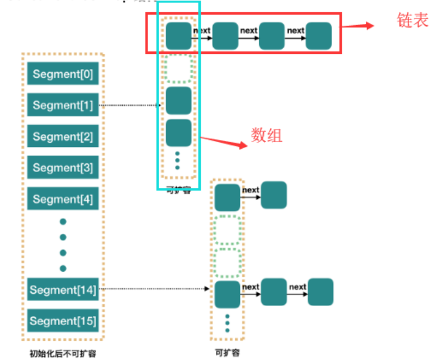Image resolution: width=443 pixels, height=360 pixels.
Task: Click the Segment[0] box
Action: tap(63, 74)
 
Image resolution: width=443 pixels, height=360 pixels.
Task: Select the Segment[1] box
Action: tap(63, 105)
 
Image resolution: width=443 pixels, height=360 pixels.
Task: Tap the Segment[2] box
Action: tap(63, 136)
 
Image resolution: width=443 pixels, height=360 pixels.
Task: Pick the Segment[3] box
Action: tap(63, 167)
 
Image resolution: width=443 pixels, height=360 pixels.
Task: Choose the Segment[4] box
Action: tap(63, 199)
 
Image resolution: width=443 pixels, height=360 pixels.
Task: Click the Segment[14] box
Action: tap(63, 290)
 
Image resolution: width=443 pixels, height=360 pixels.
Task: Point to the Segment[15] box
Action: tap(63, 321)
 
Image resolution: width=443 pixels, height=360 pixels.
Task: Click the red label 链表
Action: tap(412, 20)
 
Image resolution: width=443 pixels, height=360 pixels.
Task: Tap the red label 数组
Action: tap(267, 135)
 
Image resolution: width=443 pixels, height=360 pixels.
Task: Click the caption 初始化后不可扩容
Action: tap(63, 353)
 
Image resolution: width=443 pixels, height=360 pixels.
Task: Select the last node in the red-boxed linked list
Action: tap(318, 36)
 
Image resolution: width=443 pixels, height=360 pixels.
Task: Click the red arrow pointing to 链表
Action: tap(358, 26)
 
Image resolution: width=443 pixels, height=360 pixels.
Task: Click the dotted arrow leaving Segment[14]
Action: tap(155, 289)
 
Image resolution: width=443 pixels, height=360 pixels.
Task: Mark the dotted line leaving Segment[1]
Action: tap(131, 105)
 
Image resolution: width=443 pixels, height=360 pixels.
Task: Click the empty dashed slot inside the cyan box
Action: tap(178, 68)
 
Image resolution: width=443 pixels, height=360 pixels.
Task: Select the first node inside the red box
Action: tap(178, 36)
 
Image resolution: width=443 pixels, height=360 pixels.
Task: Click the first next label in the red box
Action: tap(201, 30)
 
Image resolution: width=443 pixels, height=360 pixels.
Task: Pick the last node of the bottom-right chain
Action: tap(320, 292)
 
